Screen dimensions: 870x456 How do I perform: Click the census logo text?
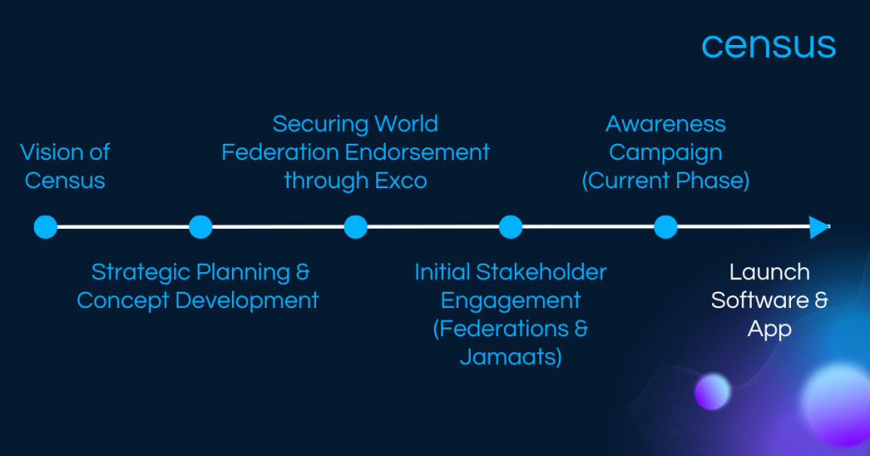[768, 46]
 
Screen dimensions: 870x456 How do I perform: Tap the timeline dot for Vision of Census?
[46, 226]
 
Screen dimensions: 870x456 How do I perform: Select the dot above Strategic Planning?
[201, 226]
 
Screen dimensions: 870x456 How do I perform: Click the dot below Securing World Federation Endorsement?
[356, 226]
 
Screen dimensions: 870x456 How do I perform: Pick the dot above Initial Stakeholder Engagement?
[511, 226]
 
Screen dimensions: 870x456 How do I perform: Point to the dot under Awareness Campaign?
[666, 226]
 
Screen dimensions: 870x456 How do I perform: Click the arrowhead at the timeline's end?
[820, 226]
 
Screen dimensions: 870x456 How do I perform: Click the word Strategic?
[141, 273]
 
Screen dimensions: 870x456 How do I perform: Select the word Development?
[247, 301]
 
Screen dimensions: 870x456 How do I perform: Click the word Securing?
[320, 124]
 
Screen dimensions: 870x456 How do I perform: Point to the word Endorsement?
[417, 152]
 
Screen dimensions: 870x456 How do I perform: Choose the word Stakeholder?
[541, 272]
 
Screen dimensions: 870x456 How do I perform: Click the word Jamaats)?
[511, 357]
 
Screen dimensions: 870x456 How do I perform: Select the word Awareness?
[666, 124]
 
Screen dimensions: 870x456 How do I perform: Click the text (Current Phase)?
[666, 180]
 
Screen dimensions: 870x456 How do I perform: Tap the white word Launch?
[770, 272]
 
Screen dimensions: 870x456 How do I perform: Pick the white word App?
[770, 329]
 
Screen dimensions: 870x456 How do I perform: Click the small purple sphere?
[713, 391]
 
